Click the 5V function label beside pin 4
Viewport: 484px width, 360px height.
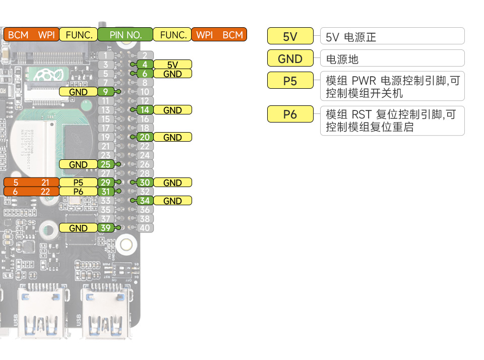[172, 64]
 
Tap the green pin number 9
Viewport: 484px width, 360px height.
[105, 91]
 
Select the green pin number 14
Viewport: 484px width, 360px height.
[144, 110]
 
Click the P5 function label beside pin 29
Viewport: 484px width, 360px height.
[78, 183]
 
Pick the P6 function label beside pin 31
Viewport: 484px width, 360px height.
[78, 192]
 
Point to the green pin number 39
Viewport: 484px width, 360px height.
[105, 228]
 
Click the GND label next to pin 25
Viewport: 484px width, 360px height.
[78, 164]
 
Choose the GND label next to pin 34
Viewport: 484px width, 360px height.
[172, 201]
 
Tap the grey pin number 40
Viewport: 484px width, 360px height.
[145, 228]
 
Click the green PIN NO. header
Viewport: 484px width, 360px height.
[125, 35]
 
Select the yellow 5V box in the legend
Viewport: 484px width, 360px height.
[290, 36]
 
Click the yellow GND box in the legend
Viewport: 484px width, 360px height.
[290, 58]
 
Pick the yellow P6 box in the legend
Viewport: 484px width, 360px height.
[290, 114]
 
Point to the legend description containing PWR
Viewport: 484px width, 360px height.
[392, 87]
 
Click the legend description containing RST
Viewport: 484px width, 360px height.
[392, 121]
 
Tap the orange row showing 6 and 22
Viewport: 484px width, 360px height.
[31, 192]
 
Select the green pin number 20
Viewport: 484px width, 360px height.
[144, 137]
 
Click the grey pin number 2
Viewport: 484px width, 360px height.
[145, 55]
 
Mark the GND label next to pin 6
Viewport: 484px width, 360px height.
[172, 74]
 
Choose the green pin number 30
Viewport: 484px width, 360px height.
[144, 183]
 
